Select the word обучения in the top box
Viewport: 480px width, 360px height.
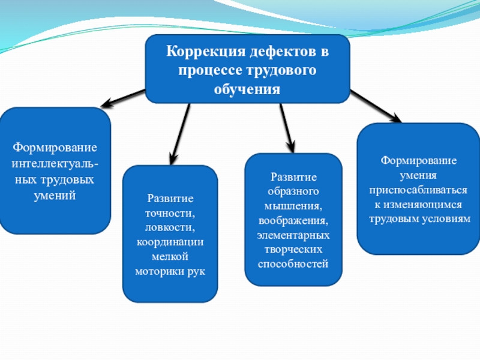(x=247, y=89)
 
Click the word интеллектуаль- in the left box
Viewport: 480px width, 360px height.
(x=56, y=164)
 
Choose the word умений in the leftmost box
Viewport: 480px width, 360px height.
(x=55, y=195)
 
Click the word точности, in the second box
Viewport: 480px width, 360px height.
(x=170, y=213)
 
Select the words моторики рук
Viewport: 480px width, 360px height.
(x=170, y=271)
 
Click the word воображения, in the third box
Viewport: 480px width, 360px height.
(x=293, y=220)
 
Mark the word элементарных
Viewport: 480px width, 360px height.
(x=293, y=235)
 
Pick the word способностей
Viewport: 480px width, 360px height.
(x=293, y=263)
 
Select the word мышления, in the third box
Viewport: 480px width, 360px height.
(x=293, y=206)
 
